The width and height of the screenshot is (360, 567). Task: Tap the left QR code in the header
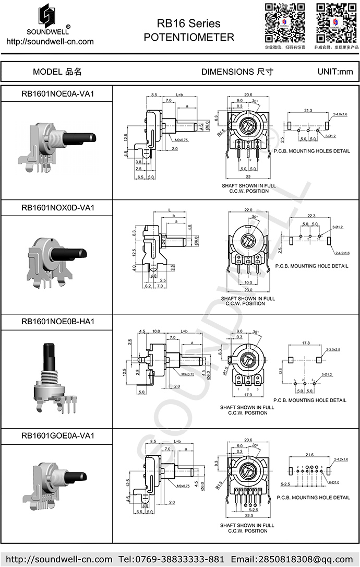(x=284, y=22)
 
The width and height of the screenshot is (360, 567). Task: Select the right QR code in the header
(x=336, y=22)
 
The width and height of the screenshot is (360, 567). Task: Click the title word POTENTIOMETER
(x=188, y=37)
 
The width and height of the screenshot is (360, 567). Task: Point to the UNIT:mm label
(x=335, y=72)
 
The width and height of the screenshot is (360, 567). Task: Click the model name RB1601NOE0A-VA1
(x=57, y=94)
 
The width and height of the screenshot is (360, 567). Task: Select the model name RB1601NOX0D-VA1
(x=57, y=207)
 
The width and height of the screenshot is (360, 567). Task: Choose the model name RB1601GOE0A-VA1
(x=57, y=435)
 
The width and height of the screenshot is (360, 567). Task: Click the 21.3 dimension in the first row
(x=308, y=110)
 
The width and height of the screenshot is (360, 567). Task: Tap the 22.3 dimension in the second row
(x=311, y=216)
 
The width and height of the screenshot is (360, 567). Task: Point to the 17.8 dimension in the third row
(x=306, y=343)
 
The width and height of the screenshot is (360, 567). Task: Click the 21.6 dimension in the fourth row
(x=308, y=455)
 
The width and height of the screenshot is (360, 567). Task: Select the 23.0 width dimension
(x=247, y=290)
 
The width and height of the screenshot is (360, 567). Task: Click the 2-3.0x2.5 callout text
(x=333, y=349)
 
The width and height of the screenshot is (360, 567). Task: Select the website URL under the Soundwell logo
(x=50, y=42)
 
